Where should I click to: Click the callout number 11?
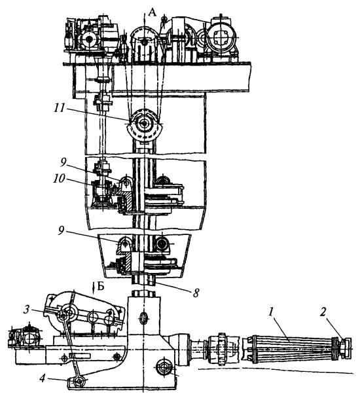click(60, 109)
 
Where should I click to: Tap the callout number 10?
click(59, 179)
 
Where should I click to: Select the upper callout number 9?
click(63, 163)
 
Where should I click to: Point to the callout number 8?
click(196, 293)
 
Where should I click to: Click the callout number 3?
click(26, 310)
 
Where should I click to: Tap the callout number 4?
click(43, 379)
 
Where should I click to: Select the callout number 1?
click(271, 312)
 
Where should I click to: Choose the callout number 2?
click(323, 312)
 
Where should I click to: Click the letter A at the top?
click(153, 12)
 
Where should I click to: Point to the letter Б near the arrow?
click(101, 287)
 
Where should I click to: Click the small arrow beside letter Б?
click(94, 287)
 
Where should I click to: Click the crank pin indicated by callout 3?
click(63, 316)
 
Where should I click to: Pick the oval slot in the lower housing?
click(143, 318)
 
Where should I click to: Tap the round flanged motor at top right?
click(221, 39)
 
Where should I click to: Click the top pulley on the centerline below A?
click(144, 42)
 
